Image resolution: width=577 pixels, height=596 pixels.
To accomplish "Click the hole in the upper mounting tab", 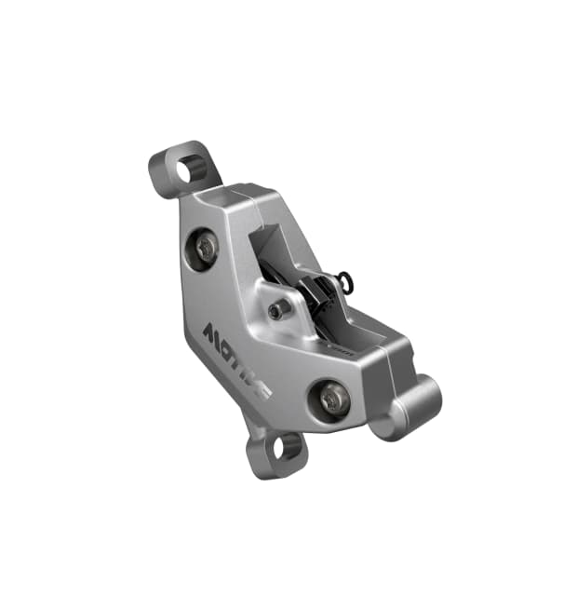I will point(193,169).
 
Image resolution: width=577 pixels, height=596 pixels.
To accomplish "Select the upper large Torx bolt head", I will point(206,246).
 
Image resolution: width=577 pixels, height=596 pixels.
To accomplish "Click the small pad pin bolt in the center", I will point(276,311).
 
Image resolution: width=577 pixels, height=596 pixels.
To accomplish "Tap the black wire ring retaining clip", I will point(345,280).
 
